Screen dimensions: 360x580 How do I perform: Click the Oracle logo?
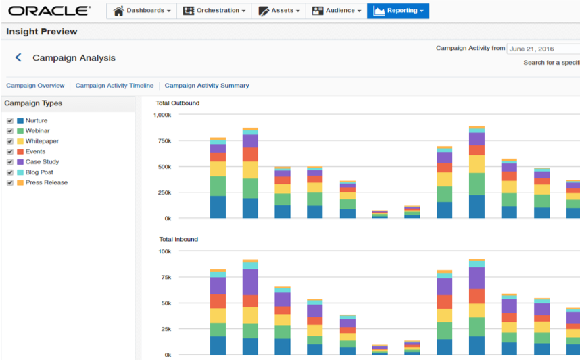49,11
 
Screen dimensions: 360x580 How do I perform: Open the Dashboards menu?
141,11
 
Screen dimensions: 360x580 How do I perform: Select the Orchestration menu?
214,11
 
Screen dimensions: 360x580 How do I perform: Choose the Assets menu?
279,11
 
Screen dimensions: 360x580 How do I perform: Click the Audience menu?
336,11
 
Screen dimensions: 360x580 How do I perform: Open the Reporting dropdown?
398,11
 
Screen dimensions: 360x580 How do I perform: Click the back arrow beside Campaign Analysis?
18,58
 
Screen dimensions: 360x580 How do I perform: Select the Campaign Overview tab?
35,86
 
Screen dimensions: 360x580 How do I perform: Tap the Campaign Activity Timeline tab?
114,86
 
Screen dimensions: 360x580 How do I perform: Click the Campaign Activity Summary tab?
207,86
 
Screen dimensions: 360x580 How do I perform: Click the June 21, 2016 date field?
543,49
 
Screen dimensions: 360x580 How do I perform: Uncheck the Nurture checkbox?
10,121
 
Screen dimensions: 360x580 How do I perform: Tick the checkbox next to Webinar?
10,131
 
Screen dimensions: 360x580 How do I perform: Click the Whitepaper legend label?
42,141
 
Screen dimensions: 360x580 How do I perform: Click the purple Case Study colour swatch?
20,162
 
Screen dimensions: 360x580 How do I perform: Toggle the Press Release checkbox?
10,183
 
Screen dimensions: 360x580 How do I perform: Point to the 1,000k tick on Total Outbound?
162,115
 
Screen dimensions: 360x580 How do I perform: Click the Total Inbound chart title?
178,240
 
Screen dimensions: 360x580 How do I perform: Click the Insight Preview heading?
42,32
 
